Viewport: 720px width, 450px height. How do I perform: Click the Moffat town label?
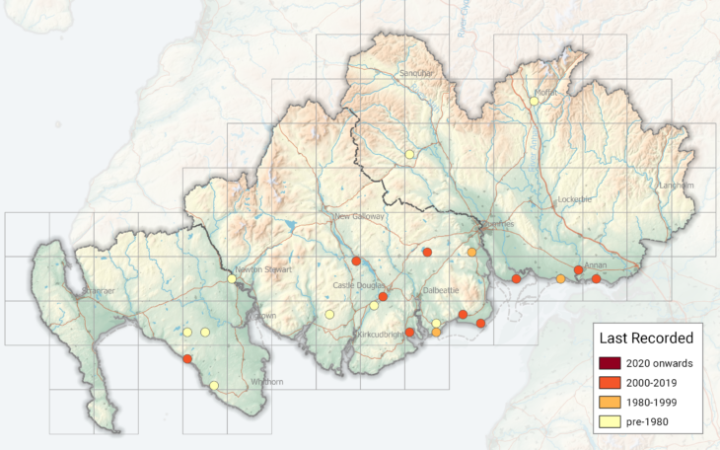click(x=546, y=93)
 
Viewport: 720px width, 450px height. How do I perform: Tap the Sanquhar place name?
click(x=415, y=73)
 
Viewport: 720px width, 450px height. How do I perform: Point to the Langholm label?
click(x=677, y=186)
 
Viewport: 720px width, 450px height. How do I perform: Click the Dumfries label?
click(x=498, y=224)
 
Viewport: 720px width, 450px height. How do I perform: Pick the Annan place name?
click(x=596, y=264)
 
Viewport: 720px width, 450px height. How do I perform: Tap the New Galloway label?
click(x=358, y=216)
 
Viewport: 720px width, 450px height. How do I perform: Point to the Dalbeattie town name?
click(x=441, y=291)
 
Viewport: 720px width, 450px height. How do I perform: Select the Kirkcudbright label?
click(x=381, y=336)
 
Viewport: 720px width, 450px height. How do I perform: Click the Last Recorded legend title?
click(x=645, y=337)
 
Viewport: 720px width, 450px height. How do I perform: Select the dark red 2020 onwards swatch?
click(x=611, y=364)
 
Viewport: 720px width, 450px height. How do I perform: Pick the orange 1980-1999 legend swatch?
click(x=611, y=404)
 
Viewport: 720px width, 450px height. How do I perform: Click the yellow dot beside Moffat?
click(x=534, y=101)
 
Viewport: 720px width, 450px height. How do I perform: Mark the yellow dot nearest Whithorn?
click(x=214, y=386)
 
